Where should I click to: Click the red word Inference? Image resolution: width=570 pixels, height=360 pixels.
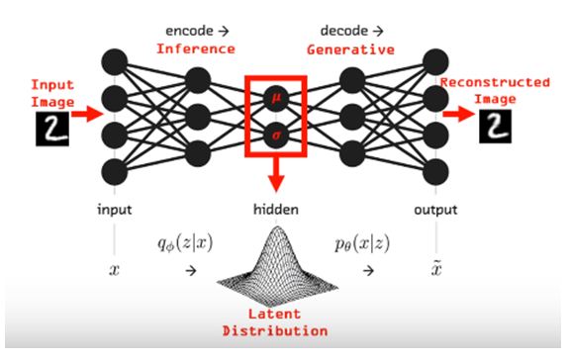click(x=196, y=49)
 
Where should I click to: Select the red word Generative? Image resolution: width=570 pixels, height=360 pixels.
click(x=350, y=49)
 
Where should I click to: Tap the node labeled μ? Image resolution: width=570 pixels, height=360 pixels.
click(x=276, y=98)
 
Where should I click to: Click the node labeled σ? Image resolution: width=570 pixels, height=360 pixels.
click(x=276, y=135)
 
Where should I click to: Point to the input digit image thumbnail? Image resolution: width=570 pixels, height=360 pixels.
click(x=52, y=129)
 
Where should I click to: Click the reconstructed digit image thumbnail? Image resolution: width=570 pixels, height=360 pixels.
click(x=495, y=127)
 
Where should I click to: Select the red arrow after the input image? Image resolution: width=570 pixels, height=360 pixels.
click(x=87, y=114)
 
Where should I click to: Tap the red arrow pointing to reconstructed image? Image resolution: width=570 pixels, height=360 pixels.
click(x=459, y=114)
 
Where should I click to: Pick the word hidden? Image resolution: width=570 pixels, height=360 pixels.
click(x=276, y=210)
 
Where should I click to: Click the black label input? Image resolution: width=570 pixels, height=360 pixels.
click(x=115, y=210)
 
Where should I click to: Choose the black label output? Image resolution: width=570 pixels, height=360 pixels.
click(x=435, y=210)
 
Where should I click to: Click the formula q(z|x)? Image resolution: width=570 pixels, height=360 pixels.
click(x=185, y=243)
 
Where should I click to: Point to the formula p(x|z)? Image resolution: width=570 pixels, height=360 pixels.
click(x=362, y=243)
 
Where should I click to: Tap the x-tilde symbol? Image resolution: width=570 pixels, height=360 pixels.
click(x=436, y=269)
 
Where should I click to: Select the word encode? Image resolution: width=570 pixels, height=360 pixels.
click(x=189, y=31)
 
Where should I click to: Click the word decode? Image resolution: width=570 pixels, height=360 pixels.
click(x=344, y=31)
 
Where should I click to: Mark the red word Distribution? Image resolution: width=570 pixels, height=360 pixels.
click(x=275, y=331)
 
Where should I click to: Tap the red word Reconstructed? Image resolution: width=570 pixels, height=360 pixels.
click(x=495, y=82)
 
